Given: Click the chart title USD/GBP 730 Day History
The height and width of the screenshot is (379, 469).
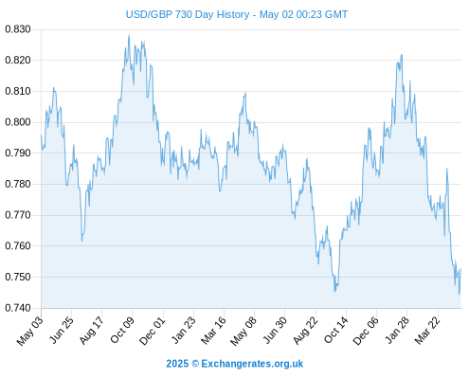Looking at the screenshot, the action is [x=188, y=14].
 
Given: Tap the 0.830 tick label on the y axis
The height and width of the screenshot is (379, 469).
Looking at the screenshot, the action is [x=18, y=29].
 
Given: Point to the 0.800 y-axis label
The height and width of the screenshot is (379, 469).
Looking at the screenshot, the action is [x=18, y=122].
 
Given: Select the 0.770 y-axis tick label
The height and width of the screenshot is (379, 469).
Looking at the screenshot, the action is [x=18, y=215].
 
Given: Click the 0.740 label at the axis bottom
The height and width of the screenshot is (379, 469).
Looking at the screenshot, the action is [x=18, y=308].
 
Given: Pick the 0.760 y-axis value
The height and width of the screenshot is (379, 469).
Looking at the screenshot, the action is [x=18, y=245].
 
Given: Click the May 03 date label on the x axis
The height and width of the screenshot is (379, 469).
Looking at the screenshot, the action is [x=30, y=331].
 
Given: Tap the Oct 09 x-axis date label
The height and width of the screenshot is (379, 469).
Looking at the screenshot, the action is [x=122, y=330].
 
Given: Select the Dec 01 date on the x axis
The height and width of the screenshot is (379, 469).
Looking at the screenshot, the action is [x=153, y=331].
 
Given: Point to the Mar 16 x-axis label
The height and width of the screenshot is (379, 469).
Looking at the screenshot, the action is [x=214, y=330].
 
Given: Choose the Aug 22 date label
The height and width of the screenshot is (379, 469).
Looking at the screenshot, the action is [x=305, y=331].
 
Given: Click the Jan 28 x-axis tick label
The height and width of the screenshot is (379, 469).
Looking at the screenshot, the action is [x=397, y=330].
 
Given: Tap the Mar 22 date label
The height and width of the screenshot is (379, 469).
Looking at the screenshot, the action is [x=427, y=331].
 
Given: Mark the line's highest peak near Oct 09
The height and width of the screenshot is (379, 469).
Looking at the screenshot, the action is [x=129, y=35].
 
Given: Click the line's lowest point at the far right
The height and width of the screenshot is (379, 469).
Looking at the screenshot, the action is [x=460, y=295].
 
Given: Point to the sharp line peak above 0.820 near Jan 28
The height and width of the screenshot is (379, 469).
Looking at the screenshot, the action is [x=402, y=55].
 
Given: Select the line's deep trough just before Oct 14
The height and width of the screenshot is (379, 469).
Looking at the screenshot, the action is [x=335, y=291].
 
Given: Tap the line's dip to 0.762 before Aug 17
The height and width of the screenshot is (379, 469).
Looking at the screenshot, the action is [x=82, y=242].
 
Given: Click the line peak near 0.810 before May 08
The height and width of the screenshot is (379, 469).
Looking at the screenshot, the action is [x=245, y=93].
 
